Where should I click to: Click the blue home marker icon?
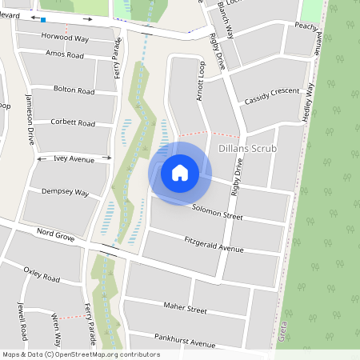[x=180, y=172]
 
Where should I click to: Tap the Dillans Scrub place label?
[x=247, y=149]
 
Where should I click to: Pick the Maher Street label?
[x=185, y=310]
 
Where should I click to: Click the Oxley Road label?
[x=42, y=274]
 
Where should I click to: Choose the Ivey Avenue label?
[x=74, y=159]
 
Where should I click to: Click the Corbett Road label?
[x=74, y=124]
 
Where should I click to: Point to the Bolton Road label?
[x=74, y=89]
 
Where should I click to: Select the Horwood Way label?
[x=66, y=37]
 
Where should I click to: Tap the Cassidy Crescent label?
[x=272, y=96]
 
